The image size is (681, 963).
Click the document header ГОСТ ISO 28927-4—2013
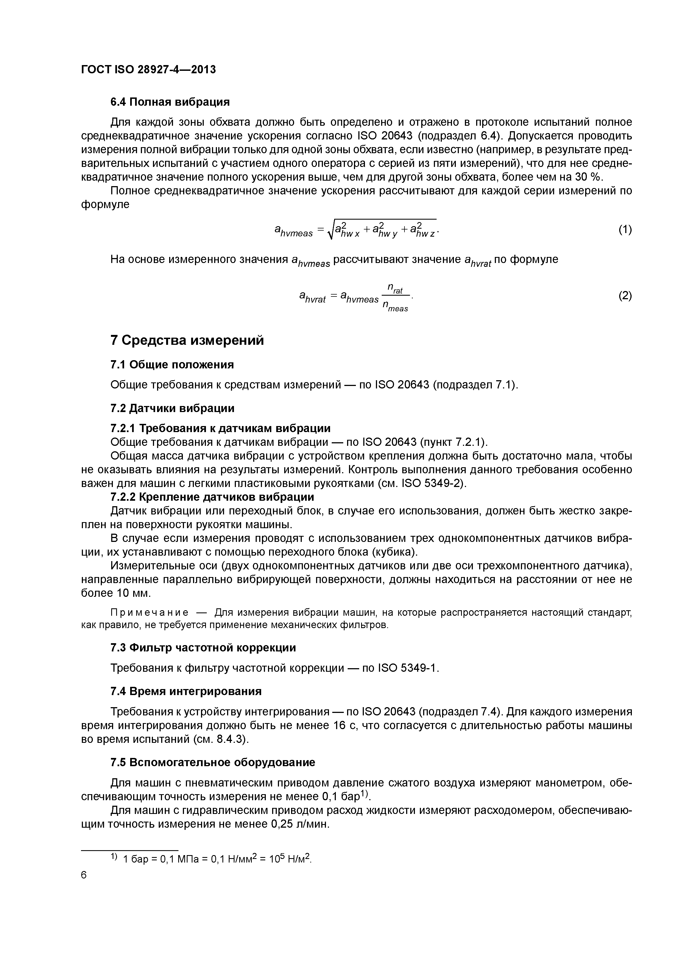click(148, 70)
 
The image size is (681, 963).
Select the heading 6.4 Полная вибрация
click(170, 102)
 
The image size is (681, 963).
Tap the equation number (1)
click(625, 229)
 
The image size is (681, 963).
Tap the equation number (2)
click(625, 296)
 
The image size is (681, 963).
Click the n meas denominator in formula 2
click(395, 307)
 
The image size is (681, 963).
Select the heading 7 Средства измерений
click(187, 340)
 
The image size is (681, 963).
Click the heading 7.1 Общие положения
click(172, 365)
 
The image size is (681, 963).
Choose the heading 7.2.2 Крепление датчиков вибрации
click(212, 497)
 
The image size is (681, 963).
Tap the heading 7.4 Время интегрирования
click(186, 692)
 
